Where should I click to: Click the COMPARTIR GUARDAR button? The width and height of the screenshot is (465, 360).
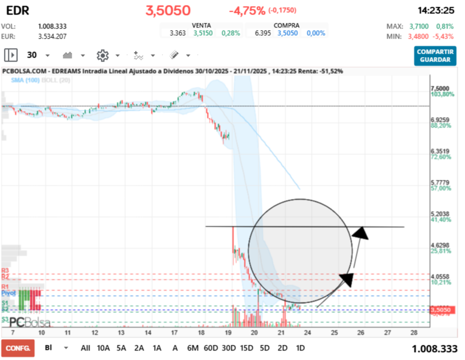pyautogui.click(x=435, y=55)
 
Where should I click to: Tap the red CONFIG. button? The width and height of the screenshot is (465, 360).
pyautogui.click(x=17, y=348)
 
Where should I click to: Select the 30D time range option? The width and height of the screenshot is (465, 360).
pyautogui.click(x=229, y=348)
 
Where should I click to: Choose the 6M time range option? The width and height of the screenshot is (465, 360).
pyautogui.click(x=193, y=348)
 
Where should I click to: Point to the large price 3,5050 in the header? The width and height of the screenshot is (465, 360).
pyautogui.click(x=168, y=11)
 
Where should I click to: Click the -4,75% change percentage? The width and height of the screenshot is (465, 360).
pyautogui.click(x=247, y=11)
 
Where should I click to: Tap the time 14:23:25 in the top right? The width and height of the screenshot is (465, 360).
pyautogui.click(x=435, y=11)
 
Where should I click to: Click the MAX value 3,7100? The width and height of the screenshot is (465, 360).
pyautogui.click(x=420, y=26)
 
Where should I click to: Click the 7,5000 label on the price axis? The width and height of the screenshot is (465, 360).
pyautogui.click(x=439, y=88)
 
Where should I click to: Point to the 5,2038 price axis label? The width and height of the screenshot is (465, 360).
pyautogui.click(x=439, y=214)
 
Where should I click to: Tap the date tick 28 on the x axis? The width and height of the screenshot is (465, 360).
pyautogui.click(x=413, y=332)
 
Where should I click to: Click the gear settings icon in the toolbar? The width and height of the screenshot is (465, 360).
pyautogui.click(x=102, y=55)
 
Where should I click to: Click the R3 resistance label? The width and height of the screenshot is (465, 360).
pyautogui.click(x=6, y=270)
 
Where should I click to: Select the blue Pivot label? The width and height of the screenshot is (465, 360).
pyautogui.click(x=8, y=292)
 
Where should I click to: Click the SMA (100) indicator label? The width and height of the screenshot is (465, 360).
pyautogui.click(x=25, y=80)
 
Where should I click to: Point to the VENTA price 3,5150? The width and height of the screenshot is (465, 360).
pyautogui.click(x=203, y=33)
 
